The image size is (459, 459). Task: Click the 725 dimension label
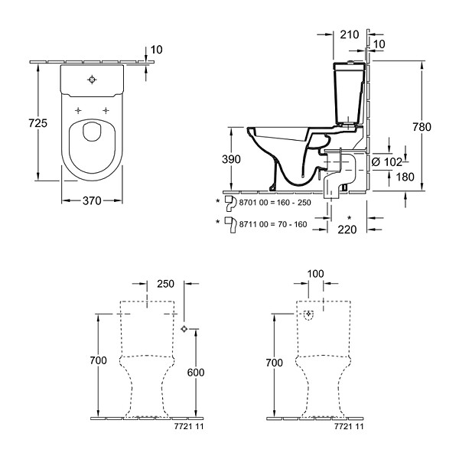click(37, 123)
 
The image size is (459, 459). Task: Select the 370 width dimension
click(92, 200)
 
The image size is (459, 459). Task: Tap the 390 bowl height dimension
click(231, 159)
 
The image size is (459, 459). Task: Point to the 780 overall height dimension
click(422, 127)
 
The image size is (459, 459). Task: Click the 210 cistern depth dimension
click(350, 34)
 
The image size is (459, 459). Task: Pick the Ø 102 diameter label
click(386, 161)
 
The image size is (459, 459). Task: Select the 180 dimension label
click(405, 177)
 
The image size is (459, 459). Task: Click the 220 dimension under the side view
click(347, 229)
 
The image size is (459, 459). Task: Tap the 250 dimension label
click(166, 284)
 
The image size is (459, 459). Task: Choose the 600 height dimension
click(196, 373)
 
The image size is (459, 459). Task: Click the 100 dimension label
click(315, 274)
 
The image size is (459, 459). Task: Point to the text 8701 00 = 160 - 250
click(275, 203)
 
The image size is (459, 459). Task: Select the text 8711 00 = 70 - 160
click(273, 224)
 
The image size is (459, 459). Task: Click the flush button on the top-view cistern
click(93, 80)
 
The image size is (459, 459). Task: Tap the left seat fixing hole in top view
click(78, 110)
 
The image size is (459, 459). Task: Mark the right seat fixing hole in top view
click(106, 110)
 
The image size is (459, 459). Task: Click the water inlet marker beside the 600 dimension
click(184, 329)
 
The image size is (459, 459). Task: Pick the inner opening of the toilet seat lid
click(92, 132)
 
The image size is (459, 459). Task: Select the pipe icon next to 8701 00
click(231, 203)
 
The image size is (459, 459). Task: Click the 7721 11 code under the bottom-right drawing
click(349, 426)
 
